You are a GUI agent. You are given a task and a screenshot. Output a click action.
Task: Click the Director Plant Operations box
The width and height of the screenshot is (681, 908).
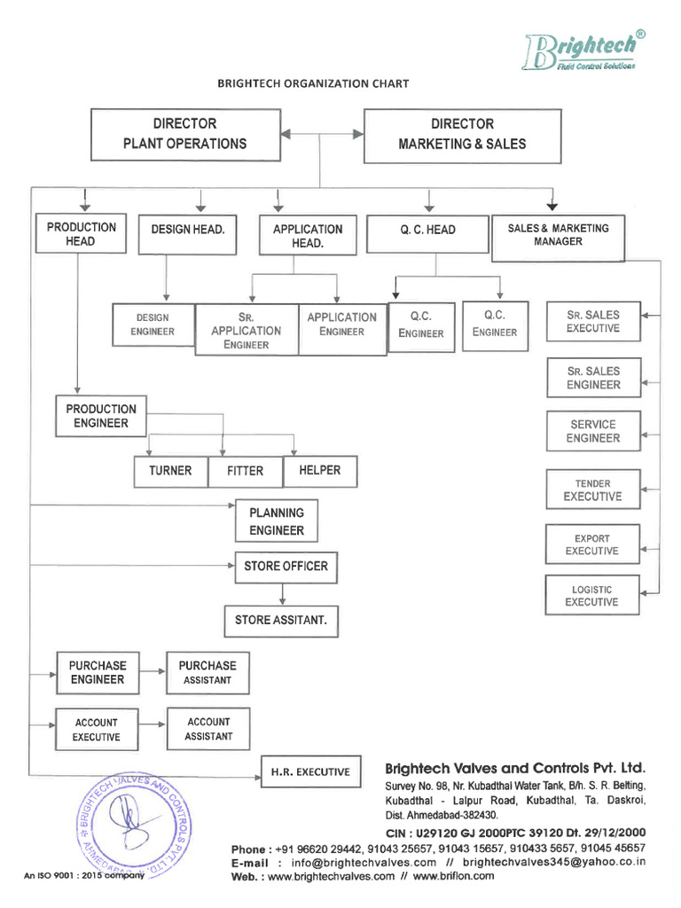185,135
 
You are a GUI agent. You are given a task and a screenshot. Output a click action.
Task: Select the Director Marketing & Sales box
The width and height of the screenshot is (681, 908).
462,135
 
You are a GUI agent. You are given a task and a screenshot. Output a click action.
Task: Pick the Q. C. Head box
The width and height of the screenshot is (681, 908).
427,231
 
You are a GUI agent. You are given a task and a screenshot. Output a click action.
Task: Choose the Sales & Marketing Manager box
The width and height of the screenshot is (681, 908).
558,235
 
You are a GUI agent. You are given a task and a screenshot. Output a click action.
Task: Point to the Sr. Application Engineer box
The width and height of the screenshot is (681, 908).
246,330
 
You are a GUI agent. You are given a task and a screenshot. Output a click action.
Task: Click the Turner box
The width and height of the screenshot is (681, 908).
170,471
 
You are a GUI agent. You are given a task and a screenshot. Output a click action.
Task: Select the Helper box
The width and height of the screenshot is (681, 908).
319,471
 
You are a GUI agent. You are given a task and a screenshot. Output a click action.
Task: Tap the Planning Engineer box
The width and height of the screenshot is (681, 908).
276,521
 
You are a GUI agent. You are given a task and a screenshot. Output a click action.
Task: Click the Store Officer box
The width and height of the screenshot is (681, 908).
286,567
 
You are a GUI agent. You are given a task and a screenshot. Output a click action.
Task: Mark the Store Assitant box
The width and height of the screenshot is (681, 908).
280,621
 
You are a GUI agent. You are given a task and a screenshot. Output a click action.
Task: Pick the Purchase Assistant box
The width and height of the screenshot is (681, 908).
207,673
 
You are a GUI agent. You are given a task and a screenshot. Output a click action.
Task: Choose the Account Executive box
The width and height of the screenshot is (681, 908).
96,730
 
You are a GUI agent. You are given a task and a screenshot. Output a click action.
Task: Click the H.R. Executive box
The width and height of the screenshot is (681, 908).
310,772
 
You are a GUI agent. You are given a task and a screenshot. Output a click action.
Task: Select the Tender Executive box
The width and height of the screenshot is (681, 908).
592,490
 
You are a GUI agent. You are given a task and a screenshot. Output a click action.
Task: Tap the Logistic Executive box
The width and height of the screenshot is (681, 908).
591,596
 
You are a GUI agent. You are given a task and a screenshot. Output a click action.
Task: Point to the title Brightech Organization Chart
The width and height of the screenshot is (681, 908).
313,84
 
